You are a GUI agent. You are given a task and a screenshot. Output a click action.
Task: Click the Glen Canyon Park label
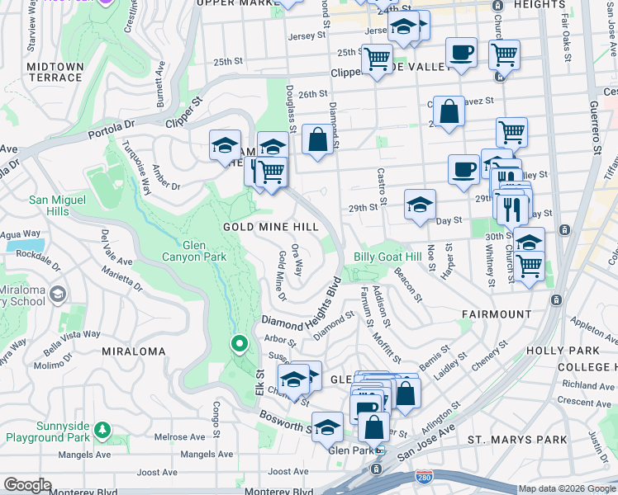[193, 251]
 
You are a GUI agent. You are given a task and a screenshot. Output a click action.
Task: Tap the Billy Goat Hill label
[388, 257]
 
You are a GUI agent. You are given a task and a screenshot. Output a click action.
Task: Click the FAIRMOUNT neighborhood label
[497, 314]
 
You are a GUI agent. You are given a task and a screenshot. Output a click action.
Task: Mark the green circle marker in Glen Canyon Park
[240, 343]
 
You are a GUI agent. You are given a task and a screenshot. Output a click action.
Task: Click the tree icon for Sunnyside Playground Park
[102, 430]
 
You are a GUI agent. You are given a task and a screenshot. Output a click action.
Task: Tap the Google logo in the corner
[27, 485]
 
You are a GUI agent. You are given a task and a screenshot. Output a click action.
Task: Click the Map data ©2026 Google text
[567, 489]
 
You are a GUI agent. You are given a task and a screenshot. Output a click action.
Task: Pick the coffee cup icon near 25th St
[461, 53]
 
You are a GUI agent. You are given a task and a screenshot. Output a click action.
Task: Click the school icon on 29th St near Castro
[420, 205]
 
